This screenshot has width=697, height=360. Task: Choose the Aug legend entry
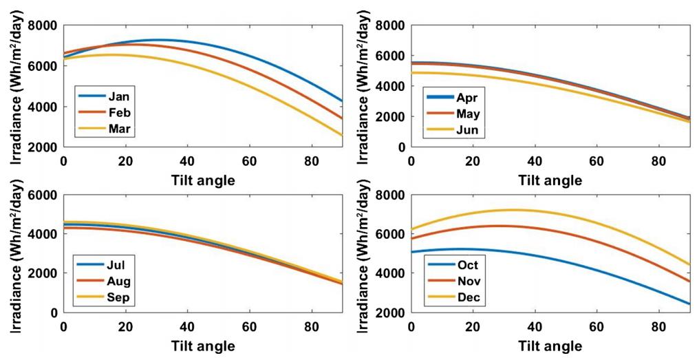[x=118, y=281]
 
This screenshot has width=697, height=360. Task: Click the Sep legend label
[x=118, y=297]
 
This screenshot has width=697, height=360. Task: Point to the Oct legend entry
[x=465, y=265]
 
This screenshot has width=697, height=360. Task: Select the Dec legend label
[x=466, y=297]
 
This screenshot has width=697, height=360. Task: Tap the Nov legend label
[x=466, y=281]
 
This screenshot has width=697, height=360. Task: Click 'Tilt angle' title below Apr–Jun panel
[x=550, y=180]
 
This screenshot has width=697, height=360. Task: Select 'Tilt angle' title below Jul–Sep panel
[x=202, y=346]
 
